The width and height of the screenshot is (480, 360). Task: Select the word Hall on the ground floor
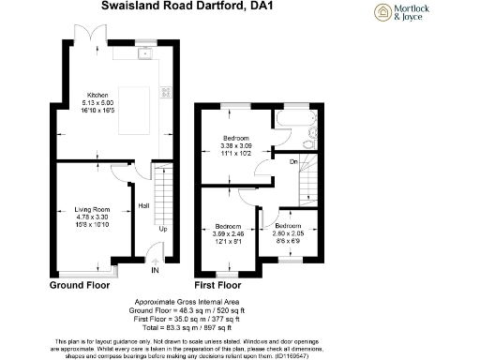pyautogui.click(x=144, y=206)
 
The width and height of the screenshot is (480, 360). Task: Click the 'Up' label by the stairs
pyautogui.click(x=162, y=230)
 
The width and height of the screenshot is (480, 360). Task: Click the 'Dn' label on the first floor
pyautogui.click(x=292, y=162)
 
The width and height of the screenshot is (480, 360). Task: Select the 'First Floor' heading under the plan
pyautogui.click(x=218, y=284)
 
